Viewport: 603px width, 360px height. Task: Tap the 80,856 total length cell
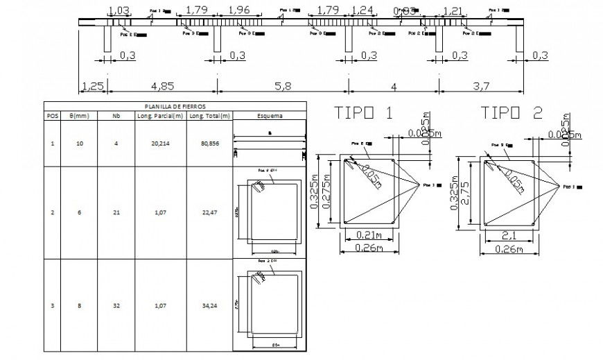coord(209,144)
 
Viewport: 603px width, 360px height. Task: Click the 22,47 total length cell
coord(209,213)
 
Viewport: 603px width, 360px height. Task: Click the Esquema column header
coord(269,116)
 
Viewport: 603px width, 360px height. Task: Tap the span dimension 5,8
coord(283,87)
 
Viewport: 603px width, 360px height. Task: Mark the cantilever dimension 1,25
coord(93,87)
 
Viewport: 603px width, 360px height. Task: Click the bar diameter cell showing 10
coord(80,144)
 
